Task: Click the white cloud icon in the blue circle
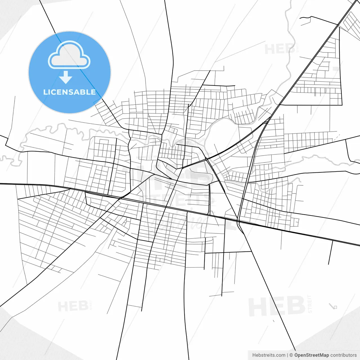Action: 69,55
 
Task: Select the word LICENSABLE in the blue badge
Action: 69,92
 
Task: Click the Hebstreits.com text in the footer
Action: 269,355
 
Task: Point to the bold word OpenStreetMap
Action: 312,355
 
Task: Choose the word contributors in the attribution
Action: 343,355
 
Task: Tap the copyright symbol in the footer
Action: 291,355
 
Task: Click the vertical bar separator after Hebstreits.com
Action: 287,355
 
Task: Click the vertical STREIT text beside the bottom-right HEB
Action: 310,304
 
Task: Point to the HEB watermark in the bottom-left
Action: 73,306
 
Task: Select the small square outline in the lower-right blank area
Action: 335,307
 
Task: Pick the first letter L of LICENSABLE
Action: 45,92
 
